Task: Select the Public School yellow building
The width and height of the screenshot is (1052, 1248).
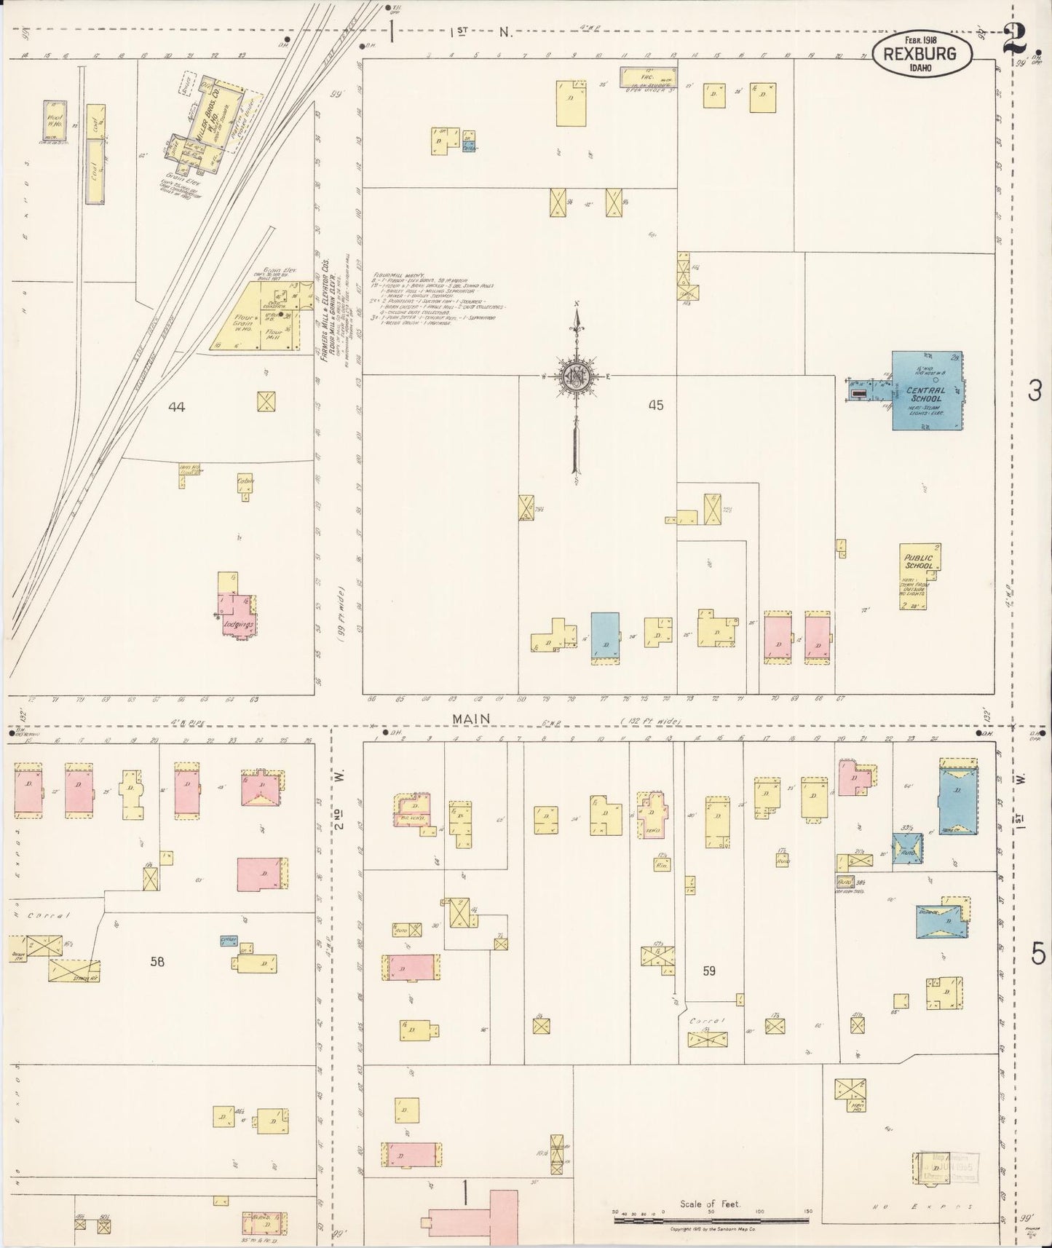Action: coord(919,575)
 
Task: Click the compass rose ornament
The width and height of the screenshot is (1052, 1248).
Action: coord(576,376)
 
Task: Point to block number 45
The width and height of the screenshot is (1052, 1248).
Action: coord(655,406)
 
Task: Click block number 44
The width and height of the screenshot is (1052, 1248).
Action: coord(176,407)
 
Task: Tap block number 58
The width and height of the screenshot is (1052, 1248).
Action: coord(157,961)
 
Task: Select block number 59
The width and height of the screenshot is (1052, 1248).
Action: coord(708,971)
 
